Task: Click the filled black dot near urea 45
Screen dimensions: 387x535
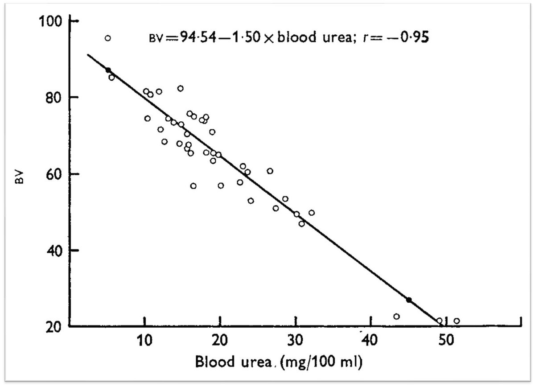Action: point(408,300)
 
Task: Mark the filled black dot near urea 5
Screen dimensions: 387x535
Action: point(108,70)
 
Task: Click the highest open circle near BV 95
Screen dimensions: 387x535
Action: point(107,38)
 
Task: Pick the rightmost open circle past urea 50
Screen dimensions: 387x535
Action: point(457,321)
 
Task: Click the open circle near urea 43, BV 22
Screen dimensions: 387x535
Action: point(396,317)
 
